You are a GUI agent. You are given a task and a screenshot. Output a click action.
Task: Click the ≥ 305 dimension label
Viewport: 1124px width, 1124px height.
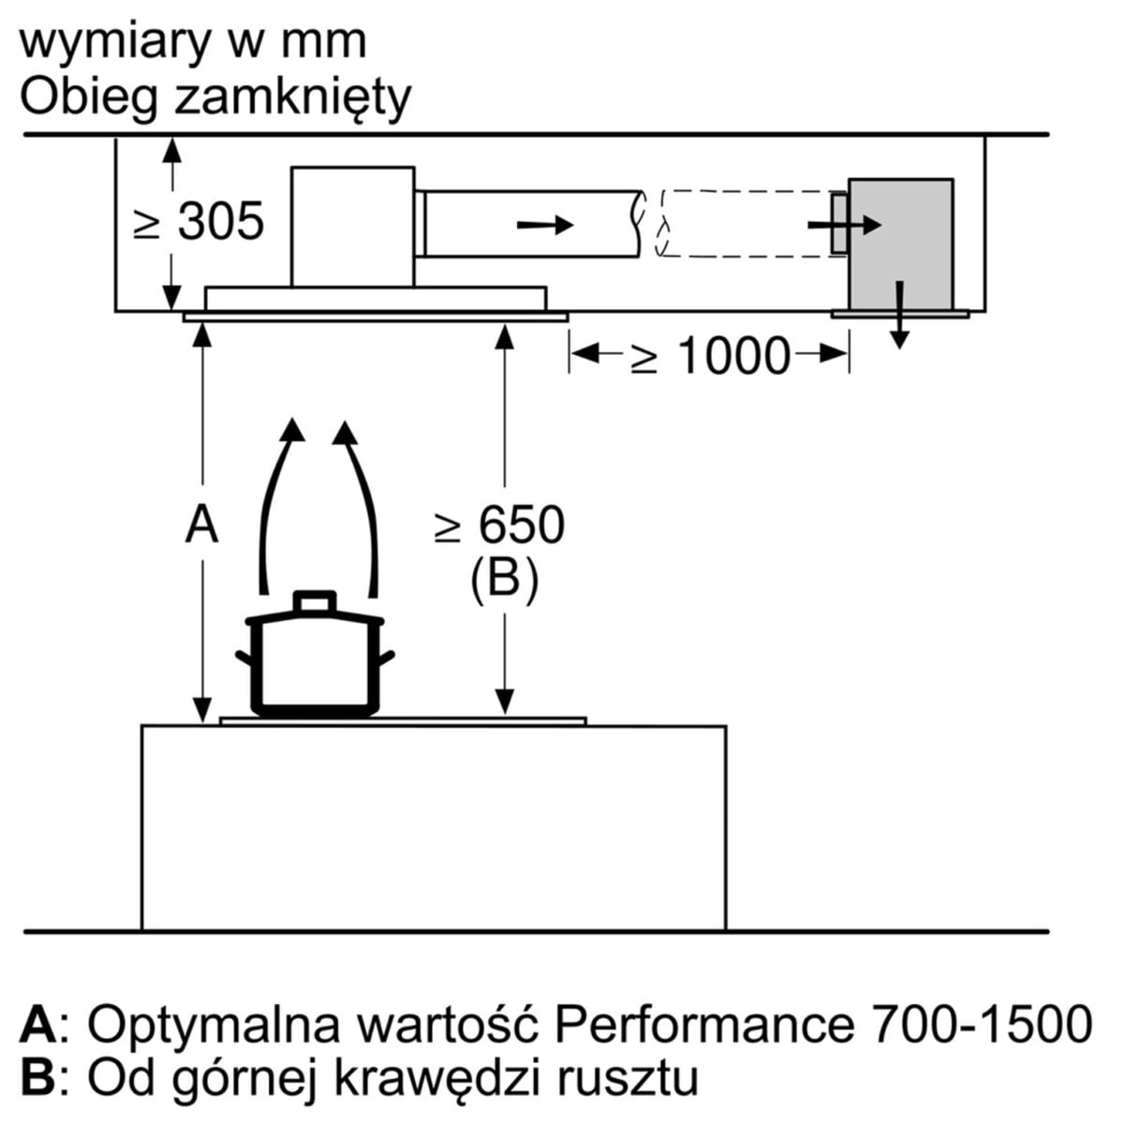pyautogui.click(x=200, y=223)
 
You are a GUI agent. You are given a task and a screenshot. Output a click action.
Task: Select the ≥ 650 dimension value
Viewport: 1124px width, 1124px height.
pyautogui.click(x=500, y=525)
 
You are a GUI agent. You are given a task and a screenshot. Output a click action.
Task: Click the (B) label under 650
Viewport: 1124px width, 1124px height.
pyautogui.click(x=504, y=579)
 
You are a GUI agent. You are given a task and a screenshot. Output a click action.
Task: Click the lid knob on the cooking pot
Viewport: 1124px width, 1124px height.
pyautogui.click(x=314, y=600)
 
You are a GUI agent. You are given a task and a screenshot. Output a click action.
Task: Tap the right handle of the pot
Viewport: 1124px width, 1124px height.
pyautogui.click(x=388, y=658)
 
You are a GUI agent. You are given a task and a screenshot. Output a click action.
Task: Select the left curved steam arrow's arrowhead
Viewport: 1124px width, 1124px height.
pyautogui.click(x=292, y=430)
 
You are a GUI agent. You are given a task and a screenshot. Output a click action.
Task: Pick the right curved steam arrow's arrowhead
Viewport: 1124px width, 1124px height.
pyautogui.click(x=346, y=432)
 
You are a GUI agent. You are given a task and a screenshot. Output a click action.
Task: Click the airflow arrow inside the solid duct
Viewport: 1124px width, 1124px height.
pyautogui.click(x=545, y=225)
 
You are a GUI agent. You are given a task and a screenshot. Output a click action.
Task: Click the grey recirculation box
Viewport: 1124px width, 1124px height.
pyautogui.click(x=900, y=244)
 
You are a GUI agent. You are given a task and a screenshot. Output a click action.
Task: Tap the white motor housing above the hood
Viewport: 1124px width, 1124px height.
pyautogui.click(x=352, y=226)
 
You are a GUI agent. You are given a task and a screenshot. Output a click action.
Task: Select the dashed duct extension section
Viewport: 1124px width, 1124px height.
pyautogui.click(x=740, y=223)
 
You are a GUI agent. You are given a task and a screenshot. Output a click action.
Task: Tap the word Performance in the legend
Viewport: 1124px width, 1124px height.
pyautogui.click(x=702, y=1024)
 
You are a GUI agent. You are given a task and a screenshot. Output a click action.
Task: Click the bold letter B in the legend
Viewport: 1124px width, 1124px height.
pyautogui.click(x=39, y=1077)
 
